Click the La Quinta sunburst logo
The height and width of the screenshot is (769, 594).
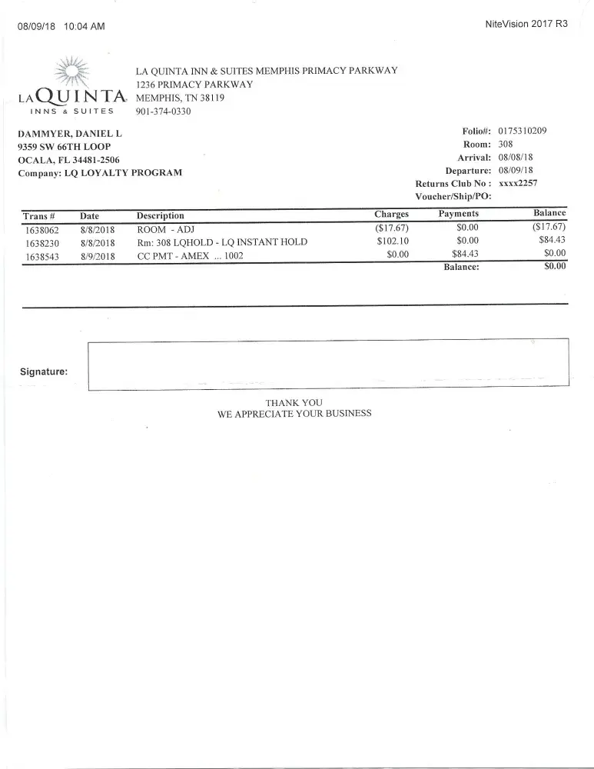(72, 73)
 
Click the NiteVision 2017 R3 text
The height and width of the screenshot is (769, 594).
(527, 24)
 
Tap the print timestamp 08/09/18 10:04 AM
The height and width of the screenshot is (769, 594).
(61, 27)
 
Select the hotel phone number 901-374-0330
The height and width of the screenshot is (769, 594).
(163, 112)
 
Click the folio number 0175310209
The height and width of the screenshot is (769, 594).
(523, 131)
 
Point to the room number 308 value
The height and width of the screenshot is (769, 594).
(506, 145)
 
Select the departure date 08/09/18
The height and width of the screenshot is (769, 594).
(516, 171)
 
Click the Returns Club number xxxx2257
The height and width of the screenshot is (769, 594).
(518, 184)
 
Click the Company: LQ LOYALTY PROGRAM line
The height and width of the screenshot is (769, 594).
(100, 173)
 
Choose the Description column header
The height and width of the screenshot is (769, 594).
(160, 216)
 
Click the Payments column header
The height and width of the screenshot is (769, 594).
(459, 214)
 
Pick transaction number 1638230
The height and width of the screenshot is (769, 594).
(41, 243)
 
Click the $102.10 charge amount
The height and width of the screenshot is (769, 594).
(393, 241)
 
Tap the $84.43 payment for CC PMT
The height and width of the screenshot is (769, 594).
(465, 255)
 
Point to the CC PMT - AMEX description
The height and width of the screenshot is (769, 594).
(190, 256)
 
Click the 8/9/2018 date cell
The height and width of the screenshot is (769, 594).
(97, 257)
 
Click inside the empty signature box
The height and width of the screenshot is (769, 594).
(328, 365)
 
